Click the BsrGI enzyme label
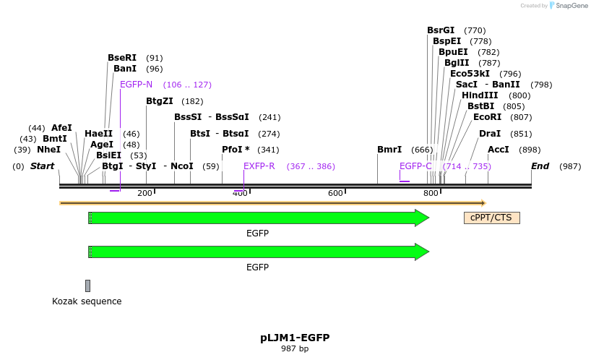[441, 30]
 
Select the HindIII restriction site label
[480, 95]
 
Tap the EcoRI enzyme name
[487, 117]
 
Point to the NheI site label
[48, 150]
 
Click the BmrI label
[389, 150]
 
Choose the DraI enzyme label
[490, 134]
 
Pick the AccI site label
[499, 150]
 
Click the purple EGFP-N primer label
[136, 85]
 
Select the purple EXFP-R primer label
[259, 166]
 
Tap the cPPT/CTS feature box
[491, 218]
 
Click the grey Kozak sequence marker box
[87, 286]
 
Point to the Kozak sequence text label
[87, 301]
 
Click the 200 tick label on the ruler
[144, 193]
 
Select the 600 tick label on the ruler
[335, 193]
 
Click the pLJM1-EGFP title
[295, 338]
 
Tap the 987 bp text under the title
[295, 348]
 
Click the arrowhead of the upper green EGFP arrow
[422, 218]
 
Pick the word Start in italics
[42, 166]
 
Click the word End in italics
[540, 166]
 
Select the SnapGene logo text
[571, 6]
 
